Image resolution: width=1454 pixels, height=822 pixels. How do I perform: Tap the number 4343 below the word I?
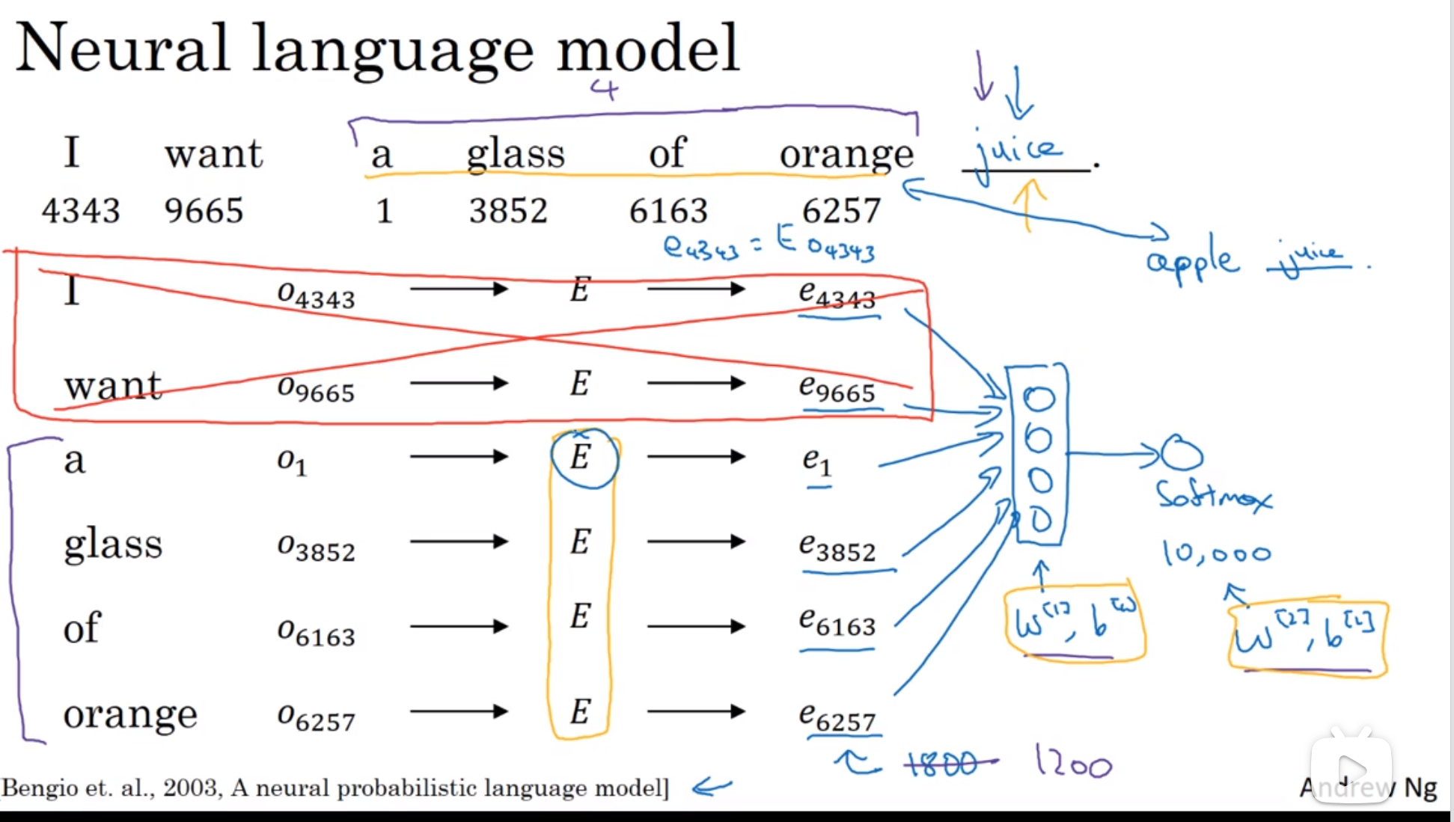pyautogui.click(x=81, y=210)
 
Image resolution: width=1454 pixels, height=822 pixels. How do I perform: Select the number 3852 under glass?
pyautogui.click(x=508, y=210)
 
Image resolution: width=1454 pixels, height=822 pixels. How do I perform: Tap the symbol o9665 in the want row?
pyautogui.click(x=315, y=388)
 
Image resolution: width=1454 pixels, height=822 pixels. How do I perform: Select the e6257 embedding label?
pyautogui.click(x=837, y=717)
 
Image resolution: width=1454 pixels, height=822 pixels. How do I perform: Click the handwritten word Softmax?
pyautogui.click(x=1214, y=495)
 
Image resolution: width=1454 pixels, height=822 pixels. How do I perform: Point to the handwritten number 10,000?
pyautogui.click(x=1216, y=553)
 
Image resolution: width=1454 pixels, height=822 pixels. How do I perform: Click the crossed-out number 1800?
pyautogui.click(x=942, y=764)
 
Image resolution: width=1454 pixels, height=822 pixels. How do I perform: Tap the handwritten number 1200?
pyautogui.click(x=1073, y=763)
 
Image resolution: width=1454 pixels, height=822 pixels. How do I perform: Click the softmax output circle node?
pyautogui.click(x=1182, y=453)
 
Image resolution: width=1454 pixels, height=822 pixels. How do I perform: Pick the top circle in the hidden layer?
pyautogui.click(x=1039, y=399)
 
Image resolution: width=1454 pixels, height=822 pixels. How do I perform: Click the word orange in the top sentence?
pyautogui.click(x=846, y=155)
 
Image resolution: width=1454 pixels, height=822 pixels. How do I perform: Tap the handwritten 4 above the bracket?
pyautogui.click(x=604, y=89)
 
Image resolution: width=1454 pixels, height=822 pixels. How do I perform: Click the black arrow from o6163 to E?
pyautogui.click(x=458, y=626)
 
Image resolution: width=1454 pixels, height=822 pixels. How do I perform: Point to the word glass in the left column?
pyautogui.click(x=113, y=544)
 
